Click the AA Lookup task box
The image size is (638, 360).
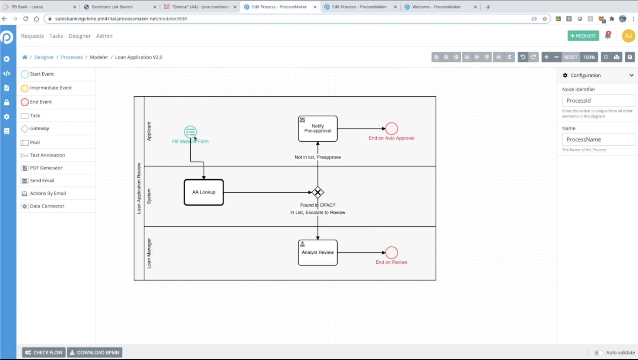pos(204,192)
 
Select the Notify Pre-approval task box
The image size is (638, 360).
pos(318,129)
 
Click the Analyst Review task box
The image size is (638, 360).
pos(318,252)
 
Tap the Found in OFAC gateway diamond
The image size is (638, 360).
pos(318,192)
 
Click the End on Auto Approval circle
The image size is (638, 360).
pos(391,129)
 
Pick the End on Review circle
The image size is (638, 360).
pos(391,252)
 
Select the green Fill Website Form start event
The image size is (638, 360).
pos(190,132)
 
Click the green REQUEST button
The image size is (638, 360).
pos(583,36)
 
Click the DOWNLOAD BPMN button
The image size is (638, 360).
pos(94,353)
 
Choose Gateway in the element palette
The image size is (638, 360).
pos(39,129)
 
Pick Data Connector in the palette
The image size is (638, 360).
pos(47,206)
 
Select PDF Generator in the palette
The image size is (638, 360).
pos(46,168)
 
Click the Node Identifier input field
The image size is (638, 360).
pos(598,100)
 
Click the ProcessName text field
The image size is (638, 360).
pos(598,140)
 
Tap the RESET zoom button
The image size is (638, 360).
pos(570,57)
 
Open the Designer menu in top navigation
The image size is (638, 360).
pos(79,36)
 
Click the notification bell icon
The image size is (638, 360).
pos(608,36)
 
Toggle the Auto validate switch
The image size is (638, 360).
pos(599,353)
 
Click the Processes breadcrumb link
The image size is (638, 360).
pos(72,57)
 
